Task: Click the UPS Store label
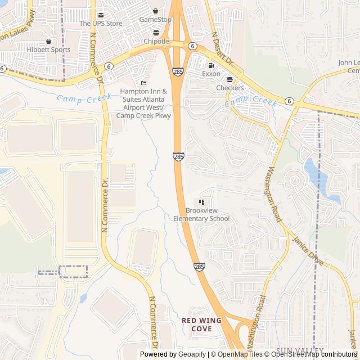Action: click(x=101, y=23)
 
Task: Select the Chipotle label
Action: click(x=156, y=41)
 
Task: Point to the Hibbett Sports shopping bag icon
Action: click(x=48, y=41)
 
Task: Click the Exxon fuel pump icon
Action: click(x=211, y=65)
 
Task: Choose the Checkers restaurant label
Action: click(x=230, y=88)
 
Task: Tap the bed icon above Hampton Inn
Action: click(x=143, y=83)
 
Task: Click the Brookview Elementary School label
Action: click(x=201, y=215)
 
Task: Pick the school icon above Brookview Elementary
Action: click(x=201, y=202)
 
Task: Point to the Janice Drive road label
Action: click(x=308, y=251)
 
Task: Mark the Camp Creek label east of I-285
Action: click(x=251, y=102)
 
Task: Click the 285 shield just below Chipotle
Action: click(x=177, y=72)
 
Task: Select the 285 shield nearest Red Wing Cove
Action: click(x=199, y=267)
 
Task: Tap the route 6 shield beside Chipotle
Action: click(x=192, y=46)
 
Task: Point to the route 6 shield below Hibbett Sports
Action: click(x=3, y=68)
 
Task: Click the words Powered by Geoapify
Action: click(x=173, y=354)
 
